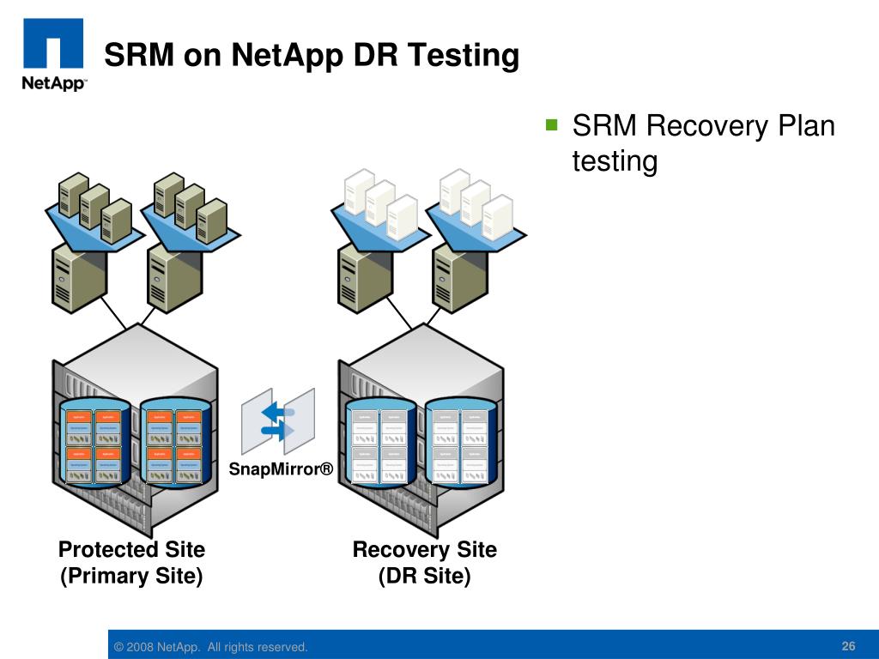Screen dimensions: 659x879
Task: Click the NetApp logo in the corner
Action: click(52, 54)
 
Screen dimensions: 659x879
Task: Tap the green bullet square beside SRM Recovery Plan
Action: click(551, 124)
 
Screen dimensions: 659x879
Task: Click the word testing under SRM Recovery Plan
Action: click(615, 160)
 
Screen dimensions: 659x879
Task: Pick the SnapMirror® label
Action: click(280, 469)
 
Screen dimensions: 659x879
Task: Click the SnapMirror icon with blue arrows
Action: click(278, 420)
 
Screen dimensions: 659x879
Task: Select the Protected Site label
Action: click(131, 549)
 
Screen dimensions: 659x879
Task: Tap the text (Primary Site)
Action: click(131, 576)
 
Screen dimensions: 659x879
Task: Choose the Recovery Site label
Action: click(425, 549)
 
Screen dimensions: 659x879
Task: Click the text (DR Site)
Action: click(425, 576)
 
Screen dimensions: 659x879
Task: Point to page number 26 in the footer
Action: click(849, 646)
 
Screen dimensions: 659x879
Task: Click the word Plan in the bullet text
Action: click(806, 126)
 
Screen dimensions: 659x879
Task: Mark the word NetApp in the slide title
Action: click(287, 56)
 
